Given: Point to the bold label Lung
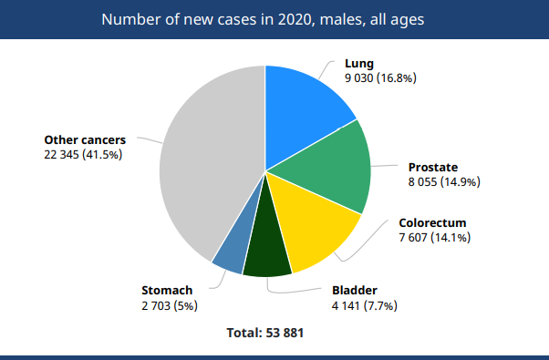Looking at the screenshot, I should click(x=358, y=65).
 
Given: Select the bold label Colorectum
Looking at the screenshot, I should click(x=432, y=223).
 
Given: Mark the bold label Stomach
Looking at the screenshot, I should click(x=167, y=291).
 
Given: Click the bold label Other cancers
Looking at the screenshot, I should click(x=85, y=140).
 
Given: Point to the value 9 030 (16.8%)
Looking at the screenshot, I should click(x=380, y=78).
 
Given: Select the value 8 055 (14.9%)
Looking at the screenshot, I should click(x=444, y=182).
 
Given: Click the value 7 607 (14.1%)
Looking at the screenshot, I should click(x=435, y=238).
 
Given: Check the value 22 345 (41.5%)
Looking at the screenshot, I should click(x=83, y=155).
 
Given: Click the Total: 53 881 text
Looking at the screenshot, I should click(x=264, y=334).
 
